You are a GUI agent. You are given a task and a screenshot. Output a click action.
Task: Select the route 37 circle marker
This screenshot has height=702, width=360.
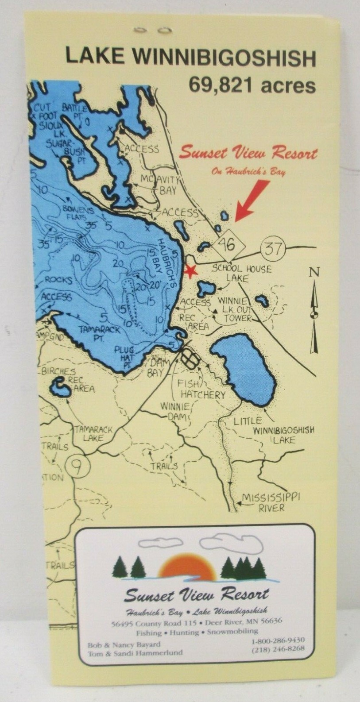point(273,248)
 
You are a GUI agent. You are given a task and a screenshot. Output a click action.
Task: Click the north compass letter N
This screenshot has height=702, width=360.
point(314,273)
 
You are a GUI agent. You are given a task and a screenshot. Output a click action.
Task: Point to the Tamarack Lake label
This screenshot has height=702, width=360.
point(93,434)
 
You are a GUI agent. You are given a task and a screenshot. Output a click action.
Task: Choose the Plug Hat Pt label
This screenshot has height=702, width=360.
point(124,355)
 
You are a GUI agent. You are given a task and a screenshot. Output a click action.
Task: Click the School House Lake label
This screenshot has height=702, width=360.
point(241,273)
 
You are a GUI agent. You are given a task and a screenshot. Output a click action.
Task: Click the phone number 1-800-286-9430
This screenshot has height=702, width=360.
point(278,640)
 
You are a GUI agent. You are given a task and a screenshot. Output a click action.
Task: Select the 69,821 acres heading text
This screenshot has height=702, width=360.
point(252,85)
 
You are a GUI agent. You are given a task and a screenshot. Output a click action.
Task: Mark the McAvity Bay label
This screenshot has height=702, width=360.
point(161,185)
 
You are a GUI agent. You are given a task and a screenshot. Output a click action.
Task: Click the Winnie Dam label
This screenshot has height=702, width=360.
point(175,411)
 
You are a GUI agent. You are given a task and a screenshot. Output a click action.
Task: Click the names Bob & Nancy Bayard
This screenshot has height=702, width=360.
point(124,644)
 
